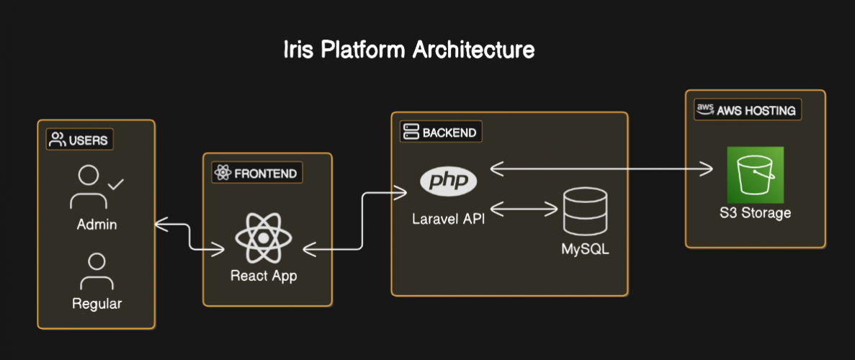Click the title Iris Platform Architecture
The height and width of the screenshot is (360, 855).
(x=408, y=50)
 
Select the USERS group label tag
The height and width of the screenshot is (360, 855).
(x=80, y=140)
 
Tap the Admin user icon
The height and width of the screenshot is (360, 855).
(x=89, y=186)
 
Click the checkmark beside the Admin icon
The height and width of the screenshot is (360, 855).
(x=116, y=185)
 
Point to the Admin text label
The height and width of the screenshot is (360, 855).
(x=97, y=225)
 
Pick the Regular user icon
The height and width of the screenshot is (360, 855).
(x=97, y=271)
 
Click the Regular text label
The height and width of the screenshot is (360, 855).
(x=97, y=304)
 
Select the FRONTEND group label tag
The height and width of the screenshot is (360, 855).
(x=256, y=173)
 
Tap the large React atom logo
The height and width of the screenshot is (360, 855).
(x=263, y=238)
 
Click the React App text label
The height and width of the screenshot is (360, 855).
(x=263, y=276)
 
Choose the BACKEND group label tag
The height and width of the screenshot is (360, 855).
(x=440, y=132)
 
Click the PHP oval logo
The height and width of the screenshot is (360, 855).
(x=448, y=181)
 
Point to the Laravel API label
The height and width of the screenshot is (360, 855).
(x=448, y=219)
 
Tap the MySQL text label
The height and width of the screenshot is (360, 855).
(x=585, y=250)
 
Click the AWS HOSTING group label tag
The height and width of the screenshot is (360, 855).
(x=747, y=110)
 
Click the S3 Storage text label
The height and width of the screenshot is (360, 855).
(x=755, y=213)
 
